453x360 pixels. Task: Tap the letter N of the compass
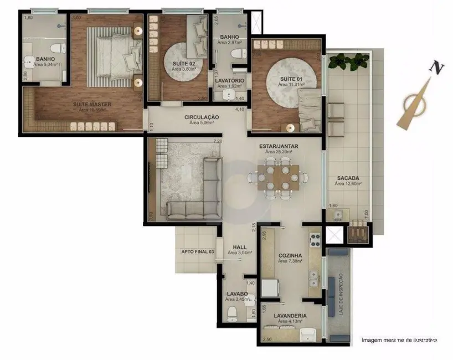coord(438,68)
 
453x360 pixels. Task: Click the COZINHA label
coord(290,255)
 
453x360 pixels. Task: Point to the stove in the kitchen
coord(315,241)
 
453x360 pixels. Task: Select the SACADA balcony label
coord(348,178)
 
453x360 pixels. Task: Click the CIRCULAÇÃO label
coord(202,117)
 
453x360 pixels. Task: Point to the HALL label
coord(240,247)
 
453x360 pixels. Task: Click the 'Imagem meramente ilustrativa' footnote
coord(399,340)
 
